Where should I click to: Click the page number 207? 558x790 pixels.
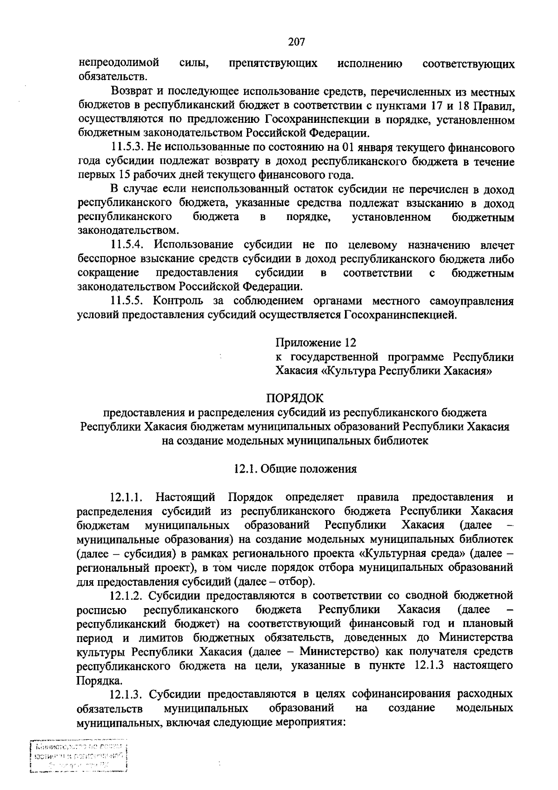coord(296,42)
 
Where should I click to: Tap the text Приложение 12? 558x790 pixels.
coord(316,343)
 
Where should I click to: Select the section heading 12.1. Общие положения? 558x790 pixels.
coord(295,469)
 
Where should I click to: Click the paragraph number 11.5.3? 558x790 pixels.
coord(127,148)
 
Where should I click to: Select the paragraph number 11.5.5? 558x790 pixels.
coord(127,301)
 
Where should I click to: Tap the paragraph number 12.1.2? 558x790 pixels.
coord(127,596)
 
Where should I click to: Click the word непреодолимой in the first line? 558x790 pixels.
coord(119,63)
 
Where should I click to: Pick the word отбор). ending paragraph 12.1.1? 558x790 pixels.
coord(298,582)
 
